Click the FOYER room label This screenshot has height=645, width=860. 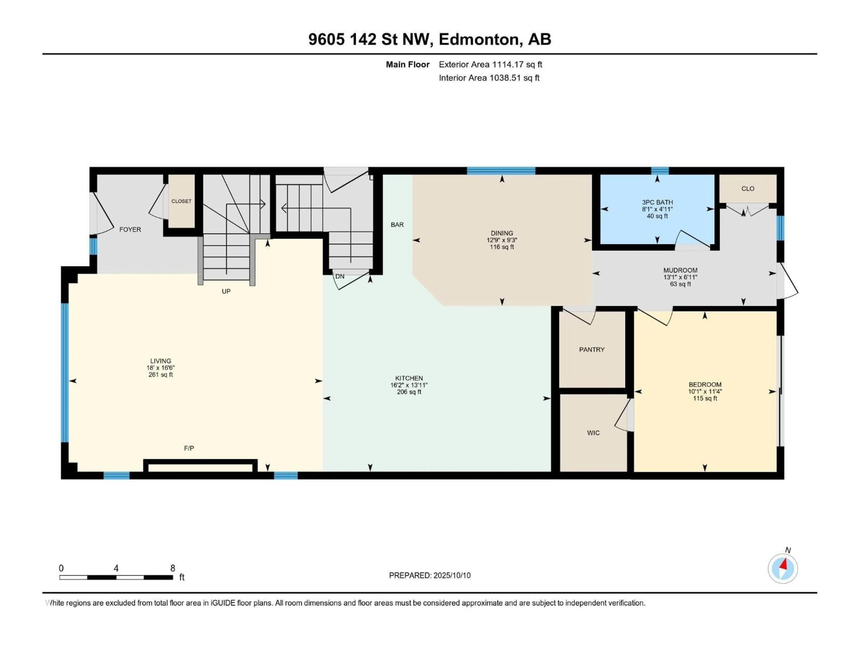pos(130,229)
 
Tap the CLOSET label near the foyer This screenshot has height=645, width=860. pos(181,201)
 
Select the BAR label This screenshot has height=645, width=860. pos(397,225)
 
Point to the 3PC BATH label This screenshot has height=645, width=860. pos(657,202)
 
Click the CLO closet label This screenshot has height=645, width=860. pos(748,189)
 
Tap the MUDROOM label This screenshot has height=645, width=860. pos(680,270)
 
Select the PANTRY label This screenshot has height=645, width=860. pos(592,350)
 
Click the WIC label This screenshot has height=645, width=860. pos(593,433)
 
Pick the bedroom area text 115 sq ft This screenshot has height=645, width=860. pos(705,398)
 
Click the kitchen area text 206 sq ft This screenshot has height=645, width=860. pos(409,392)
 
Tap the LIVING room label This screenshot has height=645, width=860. pos(161,361)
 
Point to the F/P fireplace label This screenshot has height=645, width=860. pos(189,448)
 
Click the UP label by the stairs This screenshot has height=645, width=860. pos(226,291)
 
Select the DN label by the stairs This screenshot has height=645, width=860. pos(340,276)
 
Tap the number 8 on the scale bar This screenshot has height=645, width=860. pos(173,568)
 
